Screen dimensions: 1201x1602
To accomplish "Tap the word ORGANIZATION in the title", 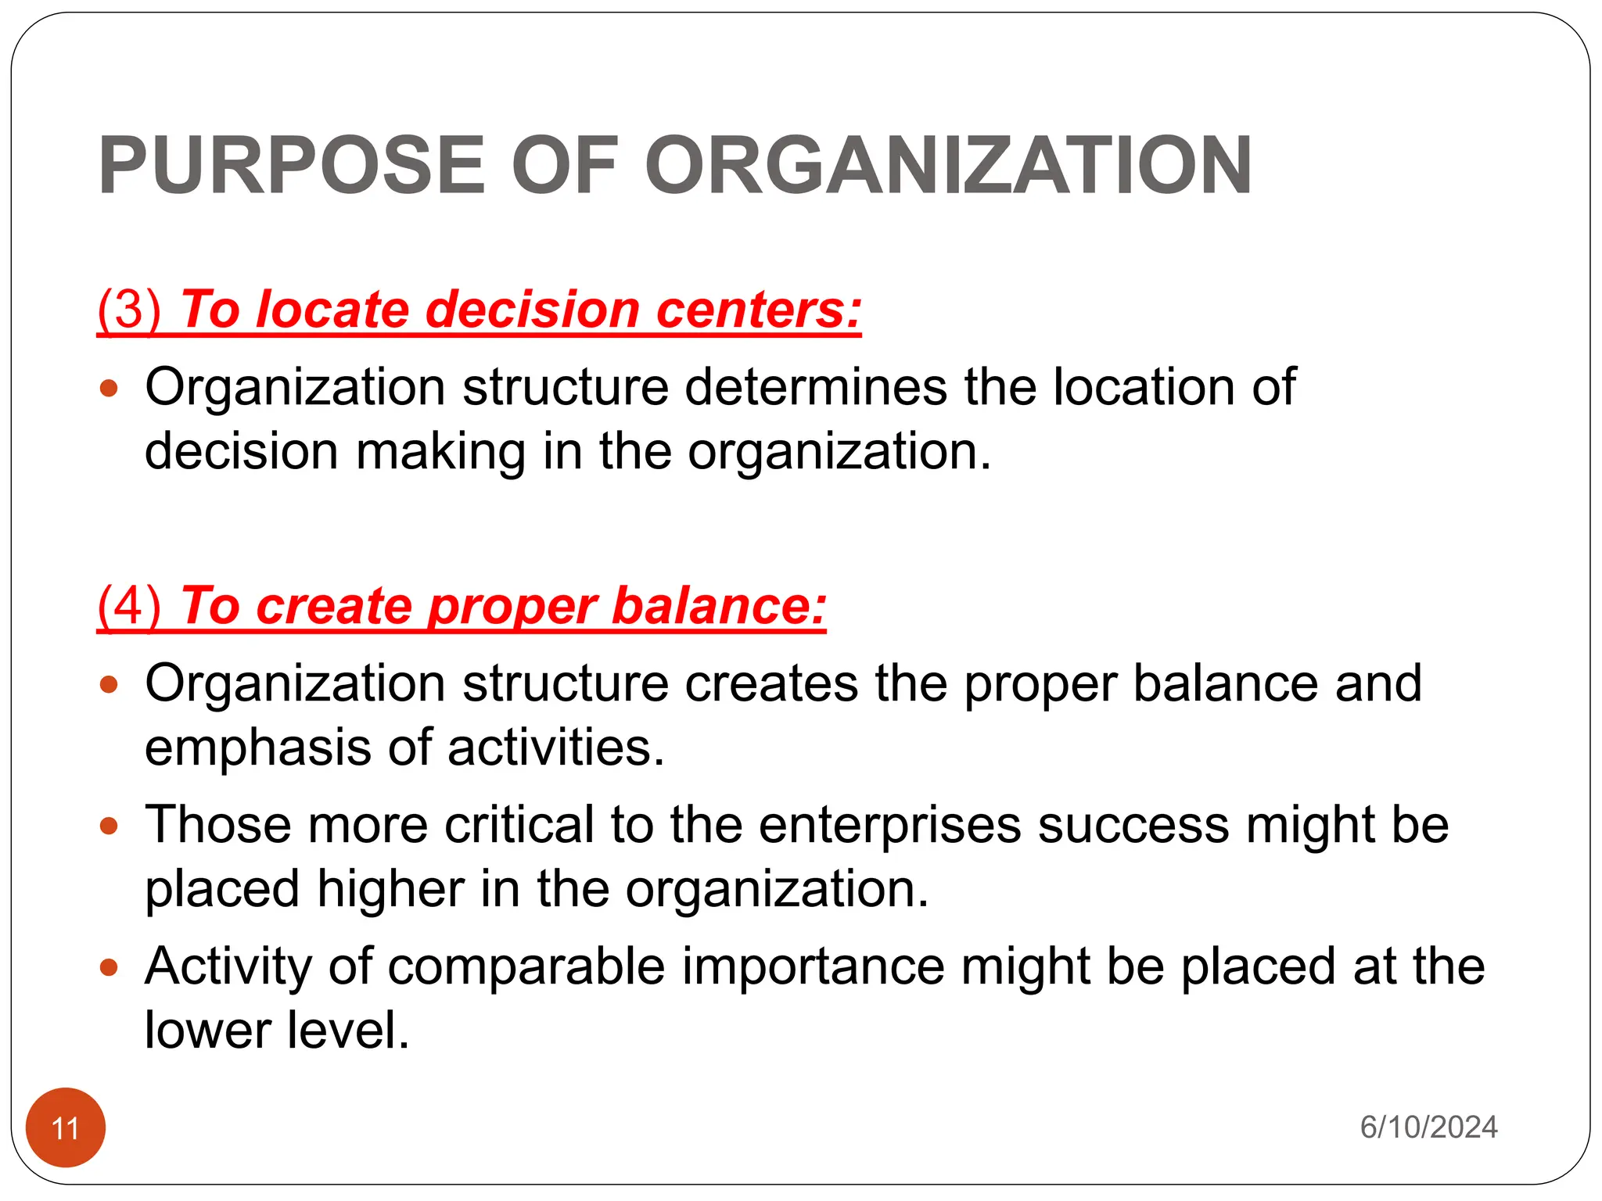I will pyautogui.click(x=948, y=166).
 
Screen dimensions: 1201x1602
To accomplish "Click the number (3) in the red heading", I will pyautogui.click(x=129, y=310).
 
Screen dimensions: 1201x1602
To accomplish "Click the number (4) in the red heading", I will pyautogui.click(x=129, y=606).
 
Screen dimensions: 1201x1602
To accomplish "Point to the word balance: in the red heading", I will pyautogui.click(x=719, y=606).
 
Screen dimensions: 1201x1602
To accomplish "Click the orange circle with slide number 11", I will pyautogui.click(x=66, y=1128).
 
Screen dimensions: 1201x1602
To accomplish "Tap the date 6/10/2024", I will pyautogui.click(x=1428, y=1128).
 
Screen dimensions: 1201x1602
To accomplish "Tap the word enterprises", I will pyautogui.click(x=889, y=826).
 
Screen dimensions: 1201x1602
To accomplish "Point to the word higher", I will pyautogui.click(x=390, y=890).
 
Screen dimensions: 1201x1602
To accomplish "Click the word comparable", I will pyautogui.click(x=526, y=967).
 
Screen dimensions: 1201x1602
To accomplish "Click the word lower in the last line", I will pyautogui.click(x=207, y=1031).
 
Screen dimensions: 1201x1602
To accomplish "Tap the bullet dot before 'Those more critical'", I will pyautogui.click(x=110, y=826).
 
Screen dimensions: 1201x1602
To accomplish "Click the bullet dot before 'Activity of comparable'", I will pyautogui.click(x=110, y=968).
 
